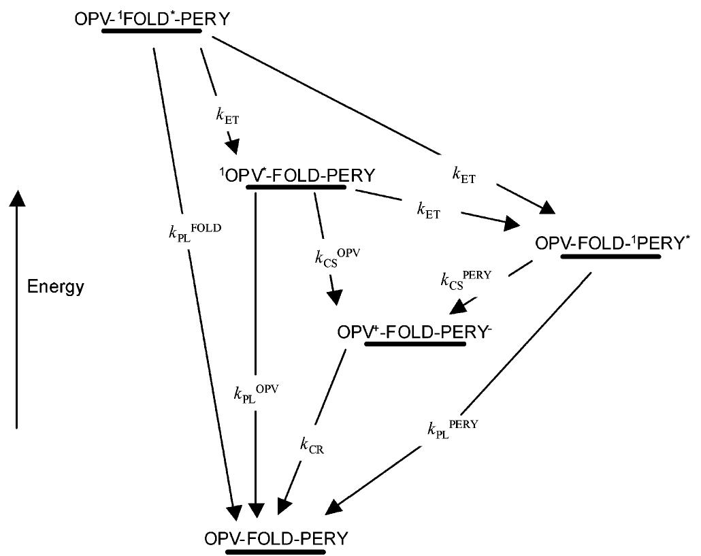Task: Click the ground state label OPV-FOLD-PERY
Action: (276, 538)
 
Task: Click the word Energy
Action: (56, 287)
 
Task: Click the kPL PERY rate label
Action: (453, 427)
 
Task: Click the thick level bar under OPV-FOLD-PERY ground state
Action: (276, 551)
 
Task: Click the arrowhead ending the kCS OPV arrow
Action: (335, 299)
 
